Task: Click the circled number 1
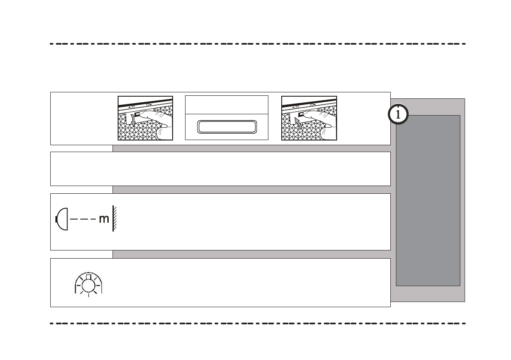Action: (398, 115)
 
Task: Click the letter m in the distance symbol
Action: (104, 219)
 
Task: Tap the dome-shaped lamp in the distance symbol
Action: (63, 219)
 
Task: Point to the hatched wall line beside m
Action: (114, 219)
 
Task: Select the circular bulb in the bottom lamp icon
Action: (88, 284)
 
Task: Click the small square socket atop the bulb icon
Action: (88, 276)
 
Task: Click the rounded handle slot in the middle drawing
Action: (227, 127)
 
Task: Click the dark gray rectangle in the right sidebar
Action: (428, 200)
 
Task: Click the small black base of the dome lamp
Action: (57, 219)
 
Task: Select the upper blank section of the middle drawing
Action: (227, 105)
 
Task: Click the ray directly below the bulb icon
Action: (88, 296)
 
